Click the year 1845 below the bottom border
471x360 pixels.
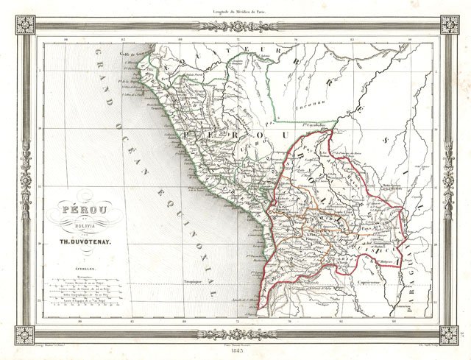(235, 351)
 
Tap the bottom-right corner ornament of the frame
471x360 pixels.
(449, 335)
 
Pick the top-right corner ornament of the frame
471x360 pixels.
(449, 24)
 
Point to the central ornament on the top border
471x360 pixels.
(235, 26)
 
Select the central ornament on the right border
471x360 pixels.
(447, 179)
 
